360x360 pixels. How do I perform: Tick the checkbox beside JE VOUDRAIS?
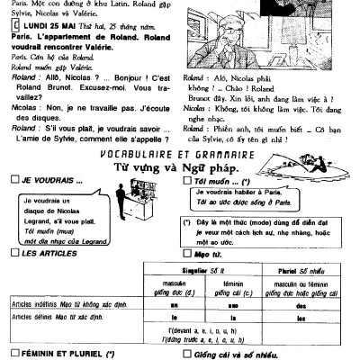click(11, 179)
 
